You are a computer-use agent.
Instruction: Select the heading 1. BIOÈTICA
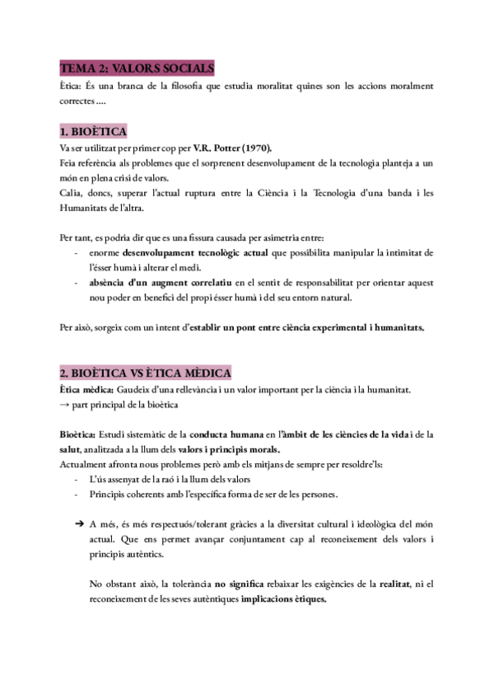tap(93, 131)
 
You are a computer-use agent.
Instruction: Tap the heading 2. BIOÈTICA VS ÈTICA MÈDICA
tap(146, 373)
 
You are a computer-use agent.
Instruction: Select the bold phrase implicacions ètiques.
tap(283, 600)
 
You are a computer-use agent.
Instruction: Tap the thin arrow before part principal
tap(65, 405)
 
